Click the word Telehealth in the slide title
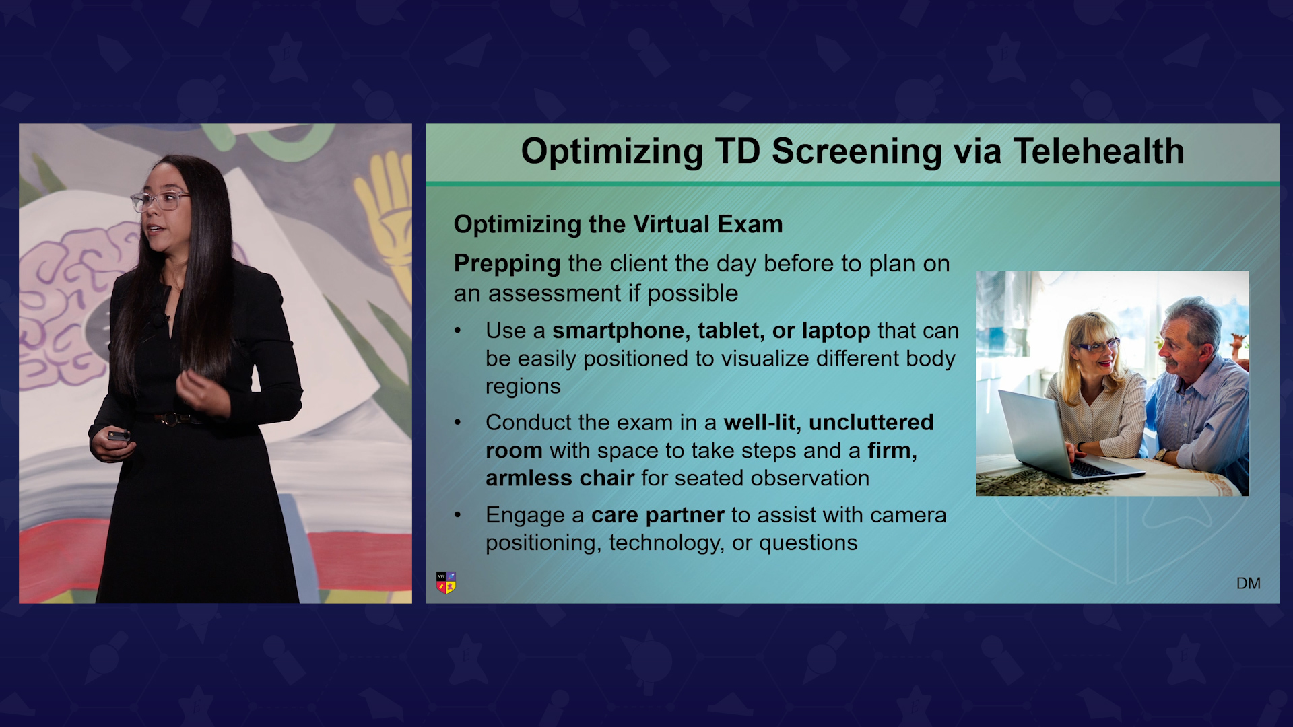click(1098, 151)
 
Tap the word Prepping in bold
click(507, 264)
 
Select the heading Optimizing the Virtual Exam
click(618, 224)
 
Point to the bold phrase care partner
click(657, 515)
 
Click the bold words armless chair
click(560, 478)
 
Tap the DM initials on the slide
click(1249, 584)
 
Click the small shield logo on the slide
click(446, 583)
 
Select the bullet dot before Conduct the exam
click(458, 423)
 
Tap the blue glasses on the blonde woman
click(1098, 346)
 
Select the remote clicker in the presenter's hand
click(119, 436)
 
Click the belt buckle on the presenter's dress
click(170, 419)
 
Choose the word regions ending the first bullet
click(523, 387)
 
